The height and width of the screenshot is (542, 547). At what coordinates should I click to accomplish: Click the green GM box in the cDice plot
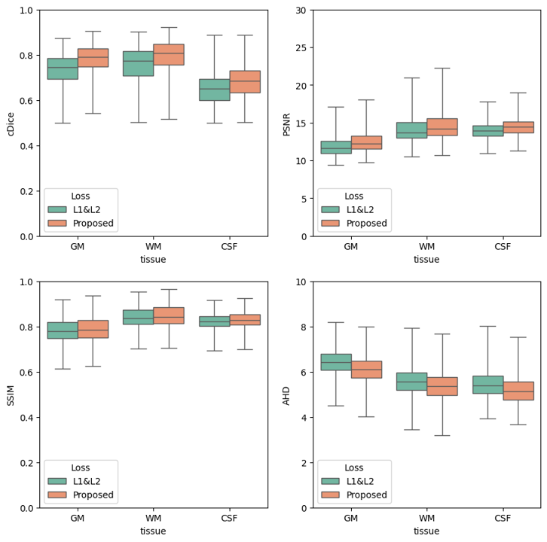(x=63, y=69)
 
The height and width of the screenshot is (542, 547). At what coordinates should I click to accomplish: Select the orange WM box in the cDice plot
(x=169, y=54)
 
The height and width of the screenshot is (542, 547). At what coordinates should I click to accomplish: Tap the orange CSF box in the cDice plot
(x=245, y=81)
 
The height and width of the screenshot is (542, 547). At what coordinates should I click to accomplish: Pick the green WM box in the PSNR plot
(x=412, y=130)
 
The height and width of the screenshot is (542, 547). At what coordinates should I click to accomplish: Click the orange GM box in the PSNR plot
(x=366, y=142)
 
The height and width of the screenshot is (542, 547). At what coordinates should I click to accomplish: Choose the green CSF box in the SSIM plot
(x=215, y=321)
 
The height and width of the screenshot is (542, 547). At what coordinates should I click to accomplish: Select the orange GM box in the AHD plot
(x=366, y=370)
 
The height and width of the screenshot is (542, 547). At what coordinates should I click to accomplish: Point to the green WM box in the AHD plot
(x=412, y=382)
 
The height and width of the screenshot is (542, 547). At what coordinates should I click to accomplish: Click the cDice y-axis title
(x=11, y=124)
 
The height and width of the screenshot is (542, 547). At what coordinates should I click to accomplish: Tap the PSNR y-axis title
(x=286, y=124)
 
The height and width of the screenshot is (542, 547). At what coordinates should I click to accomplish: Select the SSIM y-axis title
(x=11, y=396)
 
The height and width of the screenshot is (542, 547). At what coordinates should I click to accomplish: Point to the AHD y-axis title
(x=286, y=396)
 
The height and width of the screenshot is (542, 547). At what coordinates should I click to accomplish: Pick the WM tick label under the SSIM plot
(x=153, y=518)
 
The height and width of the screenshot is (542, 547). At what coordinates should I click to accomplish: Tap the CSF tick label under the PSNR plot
(x=503, y=246)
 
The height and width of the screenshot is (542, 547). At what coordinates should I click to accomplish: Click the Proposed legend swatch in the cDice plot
(x=57, y=223)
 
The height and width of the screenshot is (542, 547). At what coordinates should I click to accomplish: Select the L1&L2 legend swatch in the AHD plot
(x=330, y=481)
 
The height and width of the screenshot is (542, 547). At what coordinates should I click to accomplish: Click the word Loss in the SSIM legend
(x=80, y=467)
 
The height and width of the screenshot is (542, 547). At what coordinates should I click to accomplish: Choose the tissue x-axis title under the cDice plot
(x=153, y=259)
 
